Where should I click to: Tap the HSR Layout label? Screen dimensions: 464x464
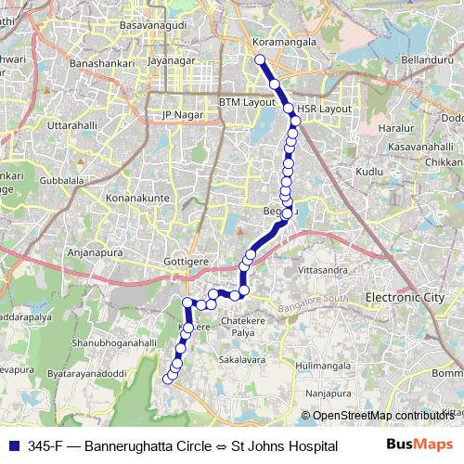(325, 109)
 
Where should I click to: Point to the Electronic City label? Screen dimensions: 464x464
(405, 297)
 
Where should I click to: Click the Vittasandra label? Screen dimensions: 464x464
(324, 269)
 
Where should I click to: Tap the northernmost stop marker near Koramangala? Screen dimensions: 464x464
(260, 60)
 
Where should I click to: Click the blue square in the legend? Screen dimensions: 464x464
(12, 445)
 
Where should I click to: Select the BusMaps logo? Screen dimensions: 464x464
(419, 445)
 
